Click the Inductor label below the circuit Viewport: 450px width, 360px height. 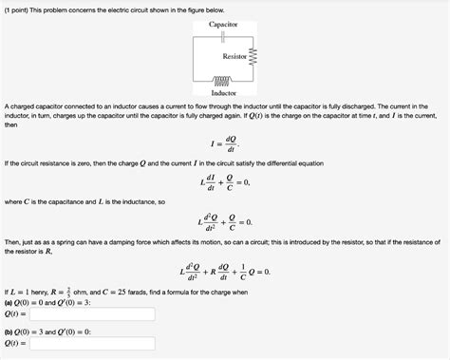[224, 93]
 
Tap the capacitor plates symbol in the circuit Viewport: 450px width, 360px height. [224, 36]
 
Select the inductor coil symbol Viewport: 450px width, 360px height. [224, 82]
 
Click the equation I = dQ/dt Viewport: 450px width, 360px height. [224, 144]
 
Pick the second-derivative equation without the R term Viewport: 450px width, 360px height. [224, 223]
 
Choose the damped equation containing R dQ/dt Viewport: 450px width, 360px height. [224, 271]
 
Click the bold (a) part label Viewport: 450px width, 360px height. [9, 301]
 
